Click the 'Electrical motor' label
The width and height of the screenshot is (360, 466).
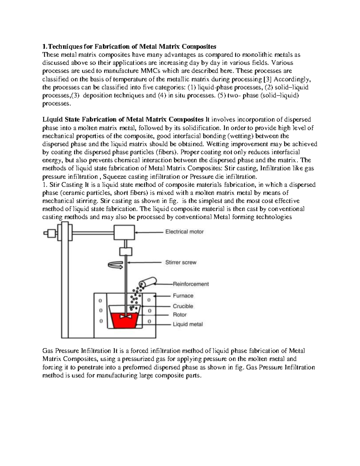[184, 232]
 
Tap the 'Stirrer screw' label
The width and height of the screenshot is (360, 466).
[181, 262]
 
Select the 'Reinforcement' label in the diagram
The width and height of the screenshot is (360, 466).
[191, 284]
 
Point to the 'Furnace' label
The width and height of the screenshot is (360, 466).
[183, 296]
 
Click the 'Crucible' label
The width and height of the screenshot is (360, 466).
[183, 306]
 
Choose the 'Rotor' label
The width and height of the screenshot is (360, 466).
[179, 314]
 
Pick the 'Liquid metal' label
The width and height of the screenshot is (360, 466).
[187, 324]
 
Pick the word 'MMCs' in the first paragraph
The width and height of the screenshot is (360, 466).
[151, 71]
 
